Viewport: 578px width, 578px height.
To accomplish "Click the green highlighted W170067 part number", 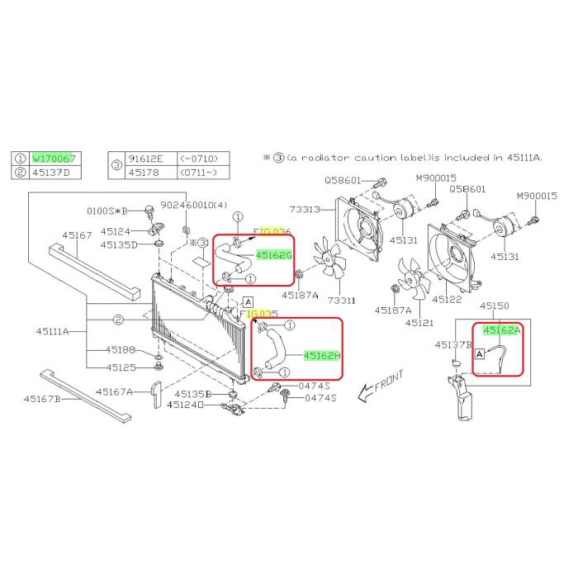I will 54,157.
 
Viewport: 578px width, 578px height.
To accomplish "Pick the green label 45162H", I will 322,356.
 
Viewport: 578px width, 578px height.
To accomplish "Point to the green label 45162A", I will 502,330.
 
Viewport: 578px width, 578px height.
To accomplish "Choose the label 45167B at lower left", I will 42,399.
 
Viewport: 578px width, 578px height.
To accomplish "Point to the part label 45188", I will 121,350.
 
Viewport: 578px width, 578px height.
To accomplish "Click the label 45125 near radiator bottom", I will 121,367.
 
